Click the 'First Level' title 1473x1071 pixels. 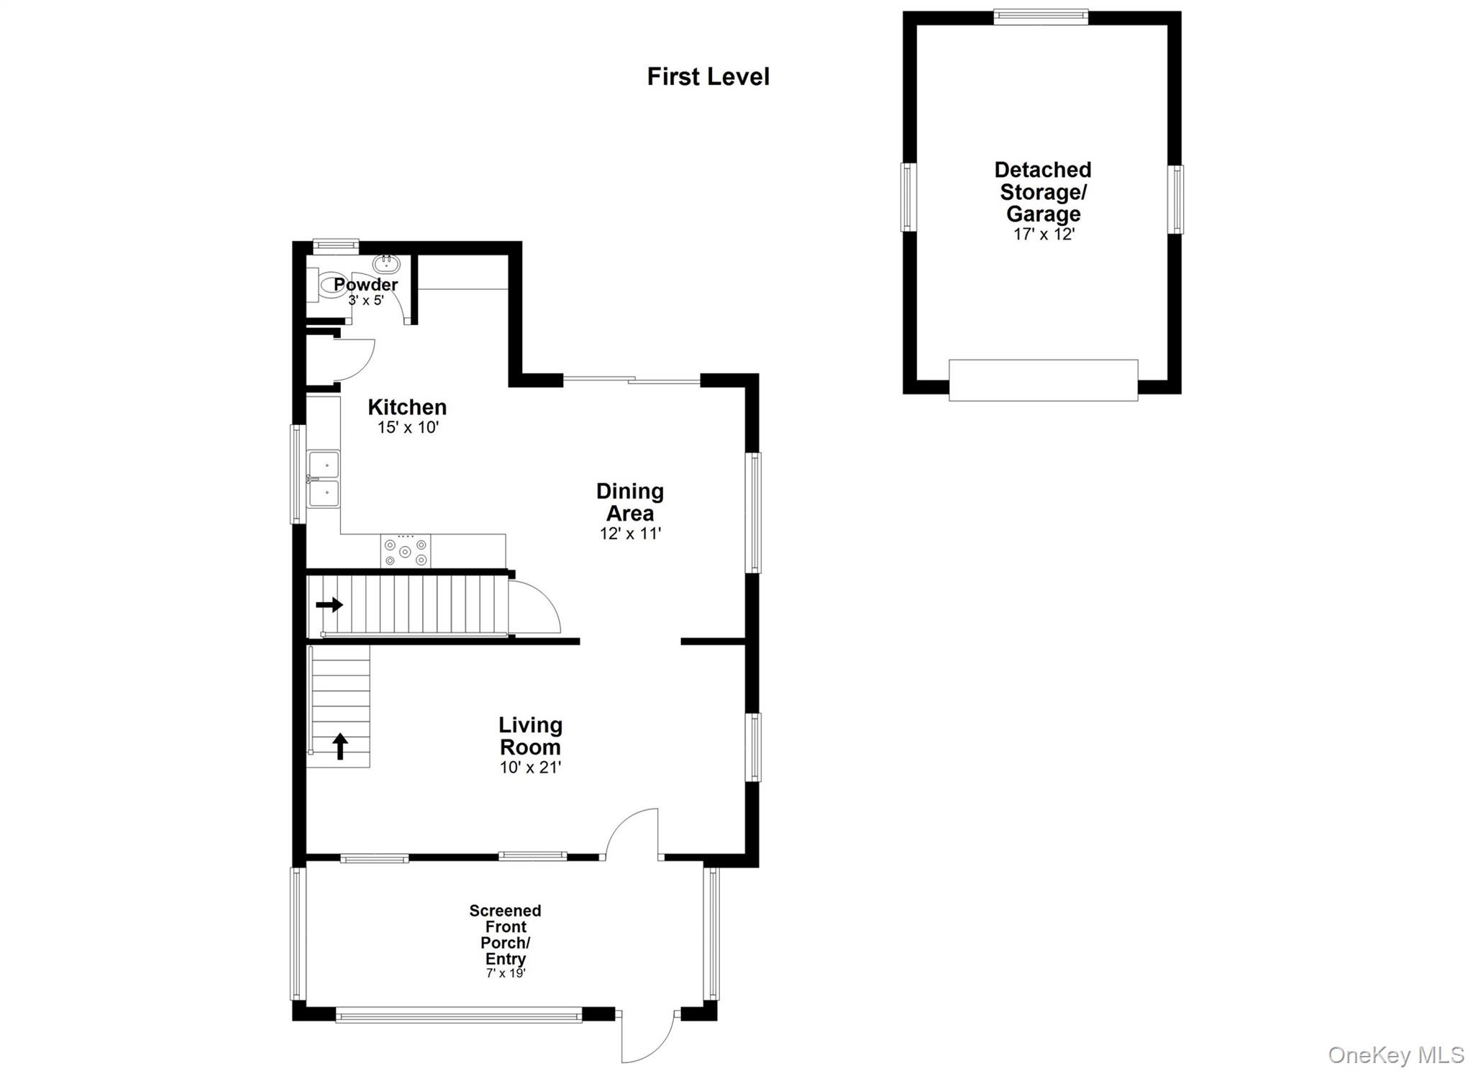point(708,76)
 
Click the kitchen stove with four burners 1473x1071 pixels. point(405,552)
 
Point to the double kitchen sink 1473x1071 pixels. point(323,478)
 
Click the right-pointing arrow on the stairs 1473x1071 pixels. point(329,605)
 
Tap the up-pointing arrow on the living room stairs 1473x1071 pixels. point(340,746)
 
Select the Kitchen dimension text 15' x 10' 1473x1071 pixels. point(408,427)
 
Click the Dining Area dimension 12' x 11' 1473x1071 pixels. point(630,534)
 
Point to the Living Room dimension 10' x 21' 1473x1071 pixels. point(530,767)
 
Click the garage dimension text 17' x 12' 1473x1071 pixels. point(1043,234)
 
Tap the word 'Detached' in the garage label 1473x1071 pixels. point(1042,170)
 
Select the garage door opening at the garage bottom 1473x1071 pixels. point(1043,380)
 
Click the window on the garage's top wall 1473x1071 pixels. point(1040,16)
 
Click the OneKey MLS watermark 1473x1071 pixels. point(1395,1055)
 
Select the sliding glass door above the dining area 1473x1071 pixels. point(631,379)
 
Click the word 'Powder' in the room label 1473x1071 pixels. point(365,284)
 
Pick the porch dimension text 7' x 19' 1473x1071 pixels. point(506,974)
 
